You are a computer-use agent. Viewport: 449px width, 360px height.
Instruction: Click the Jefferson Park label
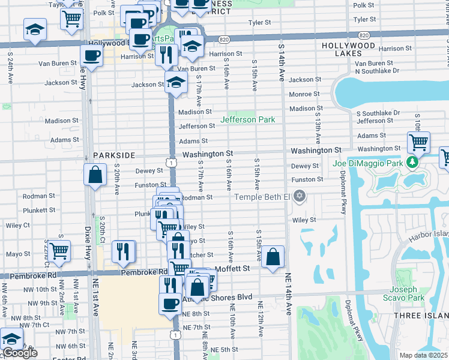click(x=247, y=120)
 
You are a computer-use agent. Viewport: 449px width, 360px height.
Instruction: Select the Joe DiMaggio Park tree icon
click(x=411, y=163)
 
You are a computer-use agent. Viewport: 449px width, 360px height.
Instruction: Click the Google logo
click(x=20, y=353)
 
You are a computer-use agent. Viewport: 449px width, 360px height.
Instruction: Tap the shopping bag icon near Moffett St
click(x=273, y=257)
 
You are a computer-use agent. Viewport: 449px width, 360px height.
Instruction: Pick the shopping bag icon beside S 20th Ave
click(x=95, y=175)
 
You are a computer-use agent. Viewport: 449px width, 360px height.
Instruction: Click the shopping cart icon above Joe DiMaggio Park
click(x=418, y=142)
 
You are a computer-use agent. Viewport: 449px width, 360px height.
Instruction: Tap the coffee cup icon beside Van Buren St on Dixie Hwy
click(x=92, y=56)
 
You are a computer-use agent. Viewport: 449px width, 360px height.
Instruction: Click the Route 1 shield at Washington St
click(x=172, y=163)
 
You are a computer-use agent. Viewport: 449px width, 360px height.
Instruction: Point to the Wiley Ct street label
click(x=18, y=226)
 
